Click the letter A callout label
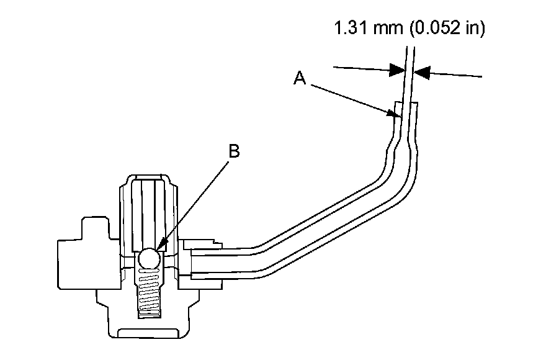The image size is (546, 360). [300, 78]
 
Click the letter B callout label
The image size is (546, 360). [234, 151]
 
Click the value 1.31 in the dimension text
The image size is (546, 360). [351, 27]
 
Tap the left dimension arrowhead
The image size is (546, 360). [398, 70]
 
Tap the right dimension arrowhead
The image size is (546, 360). [421, 73]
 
